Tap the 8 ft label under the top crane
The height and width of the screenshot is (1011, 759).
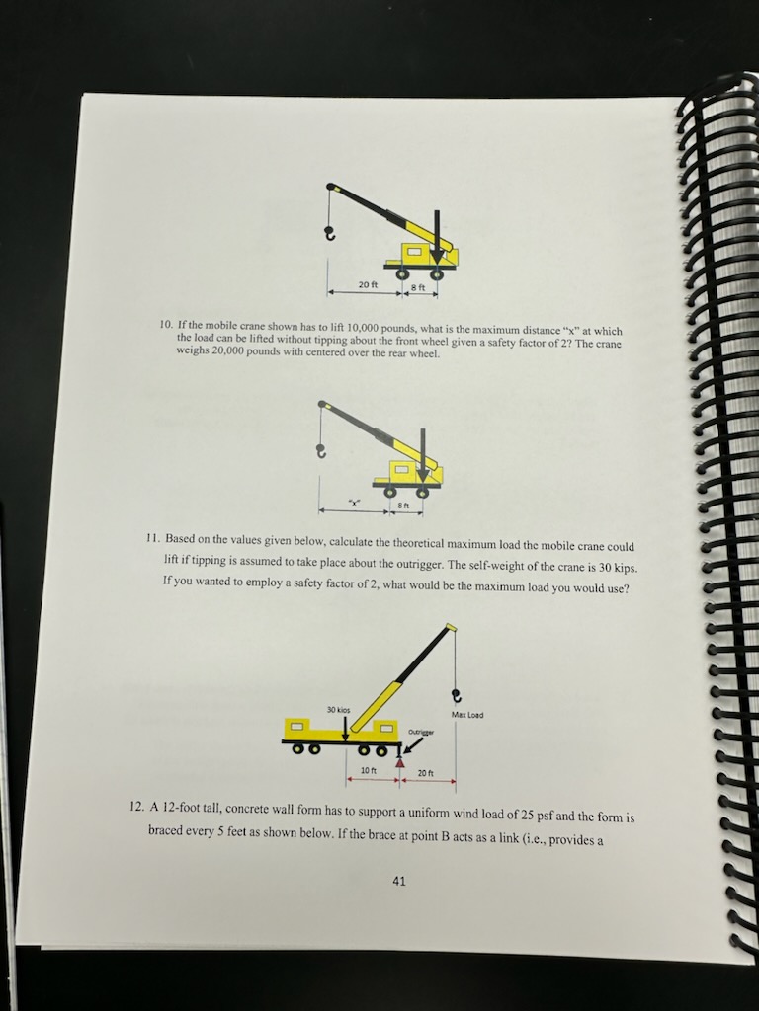tap(417, 287)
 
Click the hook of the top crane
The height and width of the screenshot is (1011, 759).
tap(330, 234)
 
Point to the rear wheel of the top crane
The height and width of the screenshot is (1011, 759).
tap(436, 273)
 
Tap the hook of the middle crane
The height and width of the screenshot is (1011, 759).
tap(319, 452)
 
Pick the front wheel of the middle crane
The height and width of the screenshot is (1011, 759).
tap(390, 491)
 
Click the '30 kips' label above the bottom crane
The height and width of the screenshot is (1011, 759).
tap(339, 709)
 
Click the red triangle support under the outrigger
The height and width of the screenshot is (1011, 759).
tap(400, 761)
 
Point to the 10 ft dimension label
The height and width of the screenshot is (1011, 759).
tap(366, 770)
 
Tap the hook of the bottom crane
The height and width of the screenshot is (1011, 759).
tap(456, 694)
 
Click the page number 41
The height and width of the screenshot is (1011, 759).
tap(398, 881)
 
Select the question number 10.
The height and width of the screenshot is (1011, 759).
tap(166, 324)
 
